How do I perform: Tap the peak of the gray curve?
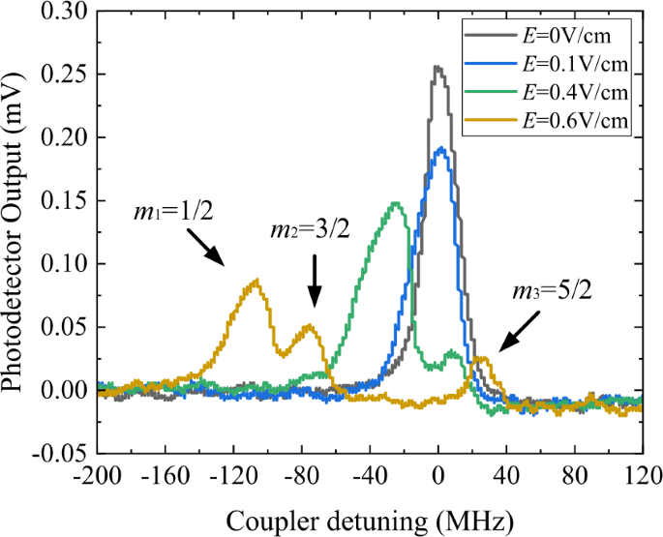[437, 67]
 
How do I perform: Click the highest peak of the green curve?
[396, 203]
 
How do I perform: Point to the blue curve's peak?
[441, 148]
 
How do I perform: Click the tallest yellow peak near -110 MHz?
[256, 280]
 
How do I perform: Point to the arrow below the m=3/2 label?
[313, 288]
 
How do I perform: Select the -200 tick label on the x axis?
[102, 476]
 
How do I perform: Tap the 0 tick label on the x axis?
[438, 476]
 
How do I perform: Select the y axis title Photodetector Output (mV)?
[16, 232]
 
